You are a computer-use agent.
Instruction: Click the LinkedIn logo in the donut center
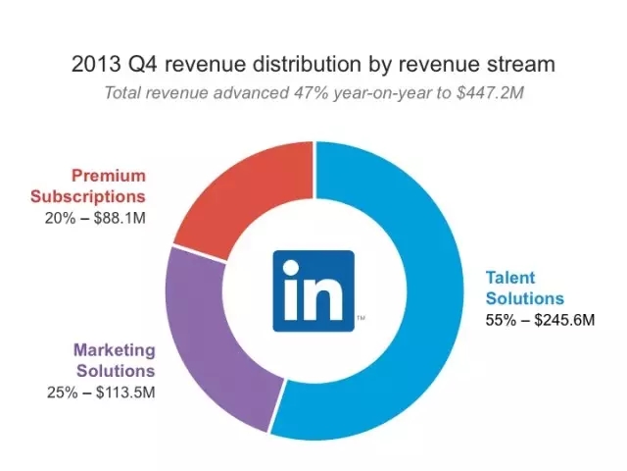pos(313,287)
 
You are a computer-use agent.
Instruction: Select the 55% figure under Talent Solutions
pos(501,319)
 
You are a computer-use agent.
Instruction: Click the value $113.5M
pos(122,392)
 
